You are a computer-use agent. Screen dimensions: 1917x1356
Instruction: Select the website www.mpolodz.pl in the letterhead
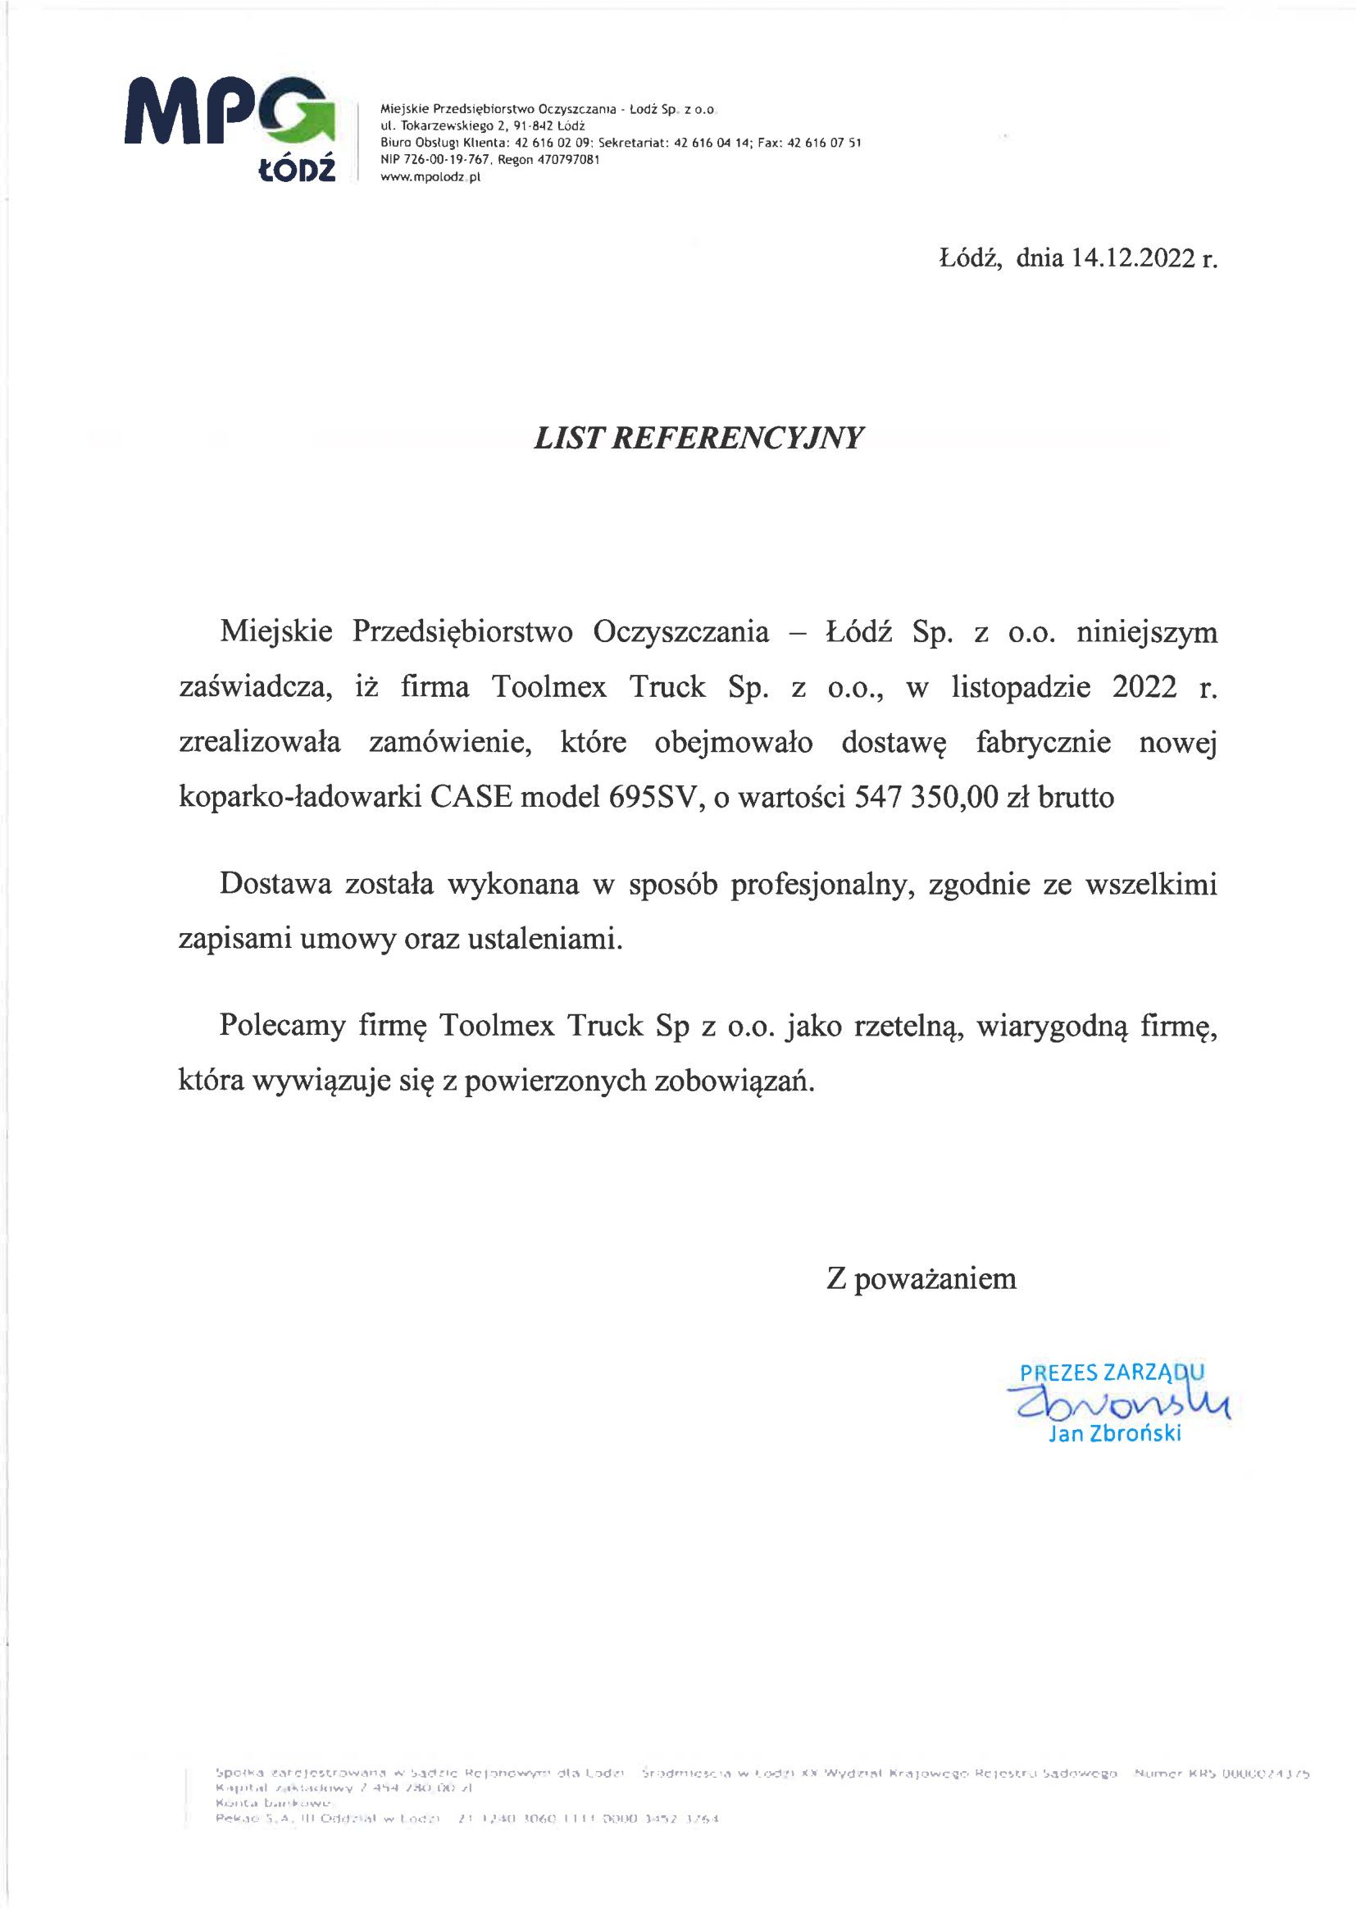click(x=430, y=177)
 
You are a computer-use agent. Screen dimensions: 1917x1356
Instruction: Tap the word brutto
click(x=1076, y=797)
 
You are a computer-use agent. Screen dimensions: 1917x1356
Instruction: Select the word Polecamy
click(x=282, y=1025)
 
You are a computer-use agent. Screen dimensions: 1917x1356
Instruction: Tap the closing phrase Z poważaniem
click(x=921, y=1278)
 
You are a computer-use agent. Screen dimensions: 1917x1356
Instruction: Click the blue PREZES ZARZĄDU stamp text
click(x=1112, y=1373)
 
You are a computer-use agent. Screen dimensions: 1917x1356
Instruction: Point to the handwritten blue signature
click(x=1119, y=1405)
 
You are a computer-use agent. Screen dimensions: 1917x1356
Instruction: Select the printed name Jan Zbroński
click(x=1115, y=1433)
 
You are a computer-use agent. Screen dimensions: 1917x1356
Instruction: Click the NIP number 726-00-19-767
click(x=435, y=159)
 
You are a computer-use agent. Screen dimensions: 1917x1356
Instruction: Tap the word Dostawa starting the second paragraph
click(x=275, y=884)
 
